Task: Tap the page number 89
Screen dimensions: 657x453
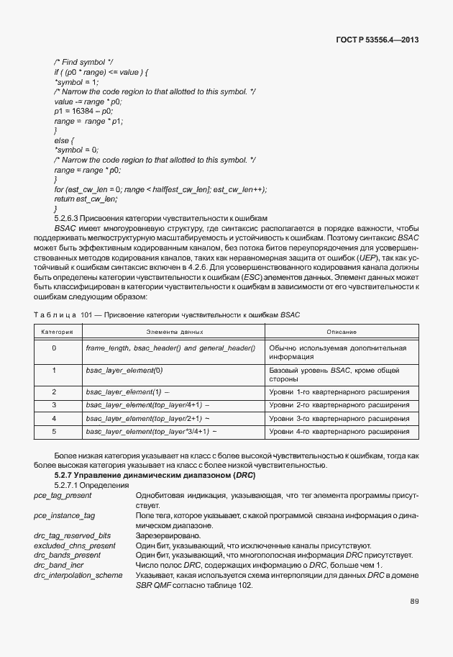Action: click(x=414, y=602)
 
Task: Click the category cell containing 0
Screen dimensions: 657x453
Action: click(x=54, y=348)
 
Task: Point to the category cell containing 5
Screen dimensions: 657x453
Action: click(x=54, y=431)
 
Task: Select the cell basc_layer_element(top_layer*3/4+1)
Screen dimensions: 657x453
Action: click(x=149, y=431)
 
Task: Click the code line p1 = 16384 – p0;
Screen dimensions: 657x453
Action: click(x=83, y=112)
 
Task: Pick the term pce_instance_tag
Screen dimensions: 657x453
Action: click(x=64, y=516)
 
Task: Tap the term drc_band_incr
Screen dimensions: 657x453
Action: click(x=58, y=565)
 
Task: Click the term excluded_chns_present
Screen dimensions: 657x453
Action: click(x=75, y=545)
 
